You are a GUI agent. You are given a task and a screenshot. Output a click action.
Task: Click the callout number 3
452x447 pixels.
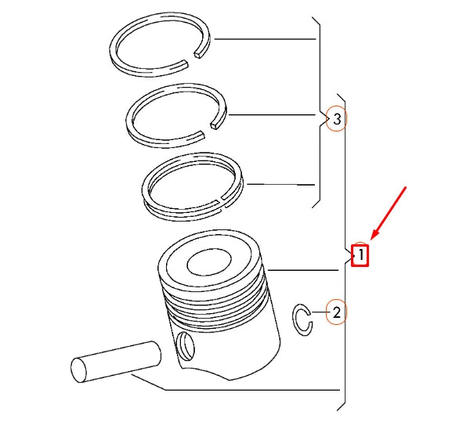(336, 119)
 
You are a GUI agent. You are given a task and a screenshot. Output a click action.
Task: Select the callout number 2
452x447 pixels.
(336, 312)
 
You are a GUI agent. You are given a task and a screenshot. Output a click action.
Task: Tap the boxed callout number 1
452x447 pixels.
(360, 255)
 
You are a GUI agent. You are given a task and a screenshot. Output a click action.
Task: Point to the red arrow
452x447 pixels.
(389, 212)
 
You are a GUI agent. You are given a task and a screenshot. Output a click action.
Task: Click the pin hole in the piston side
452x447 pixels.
(185, 342)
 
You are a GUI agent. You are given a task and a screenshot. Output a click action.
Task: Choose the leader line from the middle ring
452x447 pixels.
(274, 116)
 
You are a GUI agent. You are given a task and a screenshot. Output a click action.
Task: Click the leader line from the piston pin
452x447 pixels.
(235, 388)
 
